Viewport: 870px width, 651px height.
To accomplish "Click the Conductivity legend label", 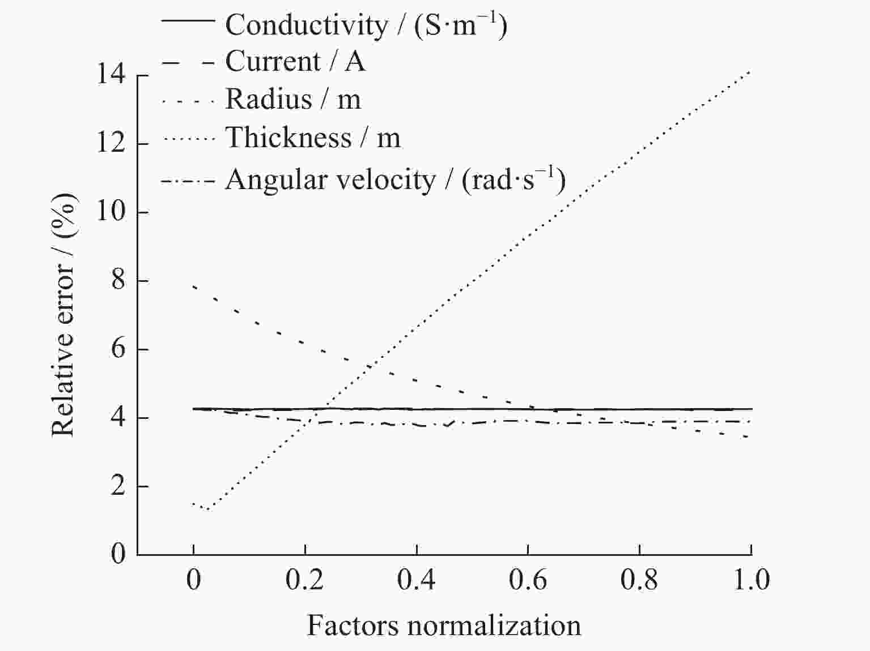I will [x=366, y=25].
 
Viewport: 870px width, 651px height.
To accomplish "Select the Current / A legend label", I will [x=295, y=61].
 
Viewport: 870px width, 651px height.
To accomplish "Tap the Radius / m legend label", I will [x=292, y=99].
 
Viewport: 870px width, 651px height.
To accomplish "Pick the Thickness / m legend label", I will [x=312, y=138].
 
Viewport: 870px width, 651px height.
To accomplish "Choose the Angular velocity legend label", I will [x=395, y=180].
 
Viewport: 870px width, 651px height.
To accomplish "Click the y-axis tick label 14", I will [x=110, y=75].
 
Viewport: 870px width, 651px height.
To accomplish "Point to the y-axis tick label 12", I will [x=110, y=143].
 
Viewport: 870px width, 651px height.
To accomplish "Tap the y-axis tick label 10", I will [x=110, y=212].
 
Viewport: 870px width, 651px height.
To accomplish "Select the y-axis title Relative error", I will [x=63, y=315].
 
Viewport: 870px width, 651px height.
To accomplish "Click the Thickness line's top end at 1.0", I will [x=750, y=71].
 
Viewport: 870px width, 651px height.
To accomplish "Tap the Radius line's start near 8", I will [x=194, y=286].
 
